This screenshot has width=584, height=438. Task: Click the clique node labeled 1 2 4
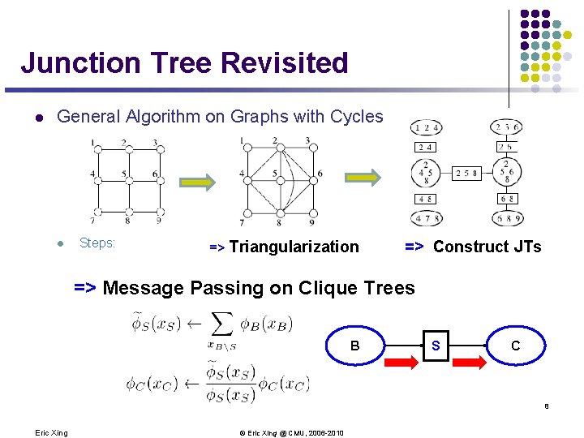427,127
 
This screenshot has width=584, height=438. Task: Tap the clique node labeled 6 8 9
507,218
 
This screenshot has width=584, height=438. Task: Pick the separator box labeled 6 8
507,199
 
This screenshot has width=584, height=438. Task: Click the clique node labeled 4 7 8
427,218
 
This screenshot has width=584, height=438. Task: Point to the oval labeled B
354,346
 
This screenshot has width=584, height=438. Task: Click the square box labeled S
436,346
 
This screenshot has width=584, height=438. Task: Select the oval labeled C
515,346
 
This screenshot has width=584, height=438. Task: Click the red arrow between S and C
473,361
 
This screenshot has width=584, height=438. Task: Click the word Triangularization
294,247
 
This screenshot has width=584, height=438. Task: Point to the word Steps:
97,243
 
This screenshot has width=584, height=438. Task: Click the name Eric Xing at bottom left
51,432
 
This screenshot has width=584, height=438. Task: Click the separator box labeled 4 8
427,199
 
